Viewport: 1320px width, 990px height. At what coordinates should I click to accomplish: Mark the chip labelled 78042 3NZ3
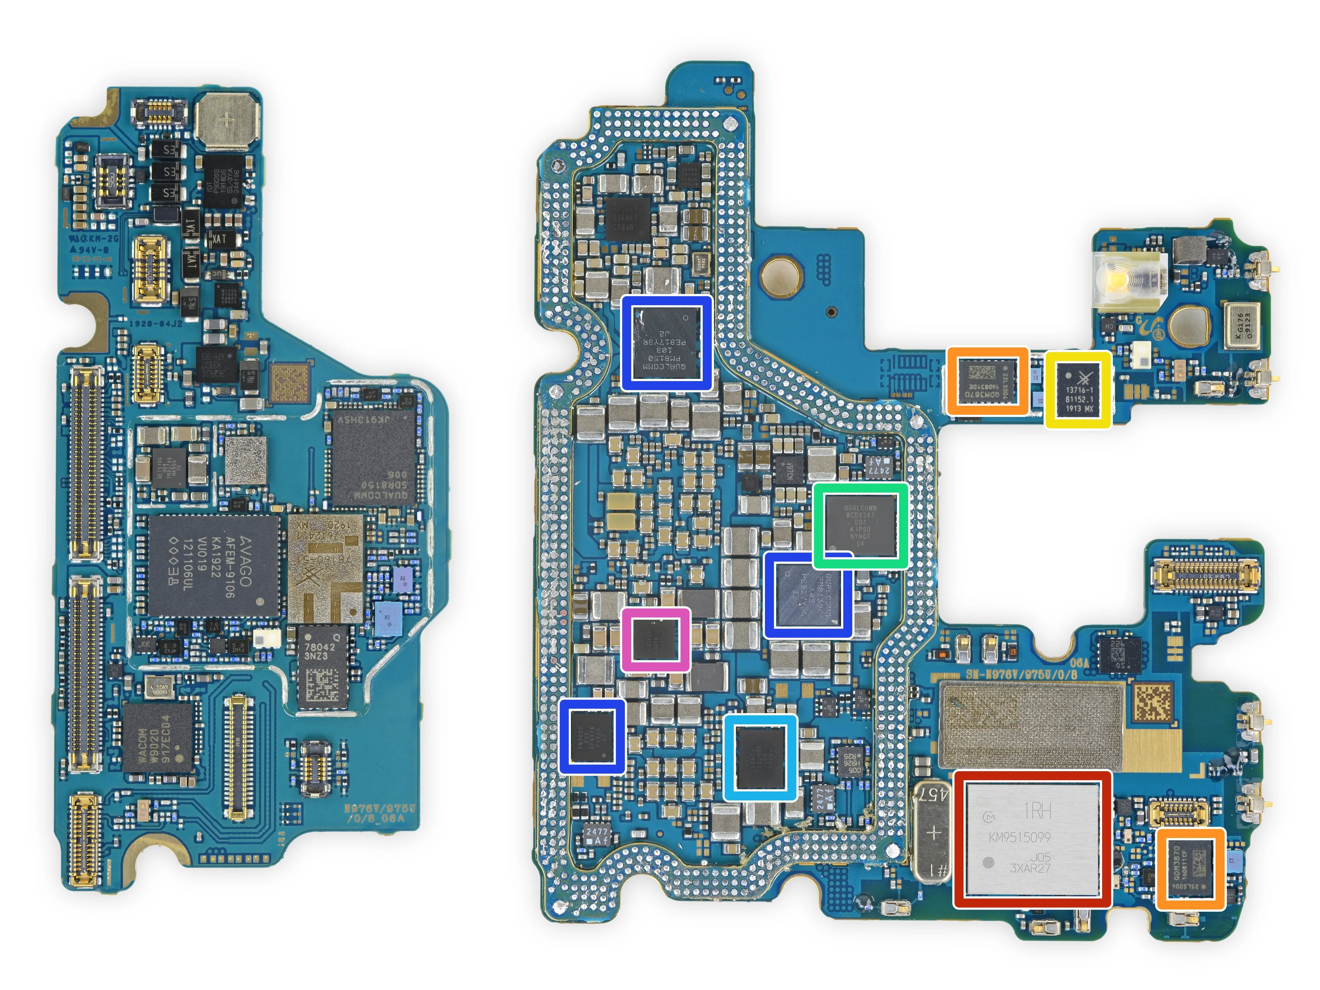(x=322, y=667)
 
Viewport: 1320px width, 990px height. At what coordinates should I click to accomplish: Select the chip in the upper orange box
(x=987, y=381)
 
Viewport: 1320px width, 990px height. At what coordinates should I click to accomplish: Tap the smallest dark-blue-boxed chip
(x=592, y=736)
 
